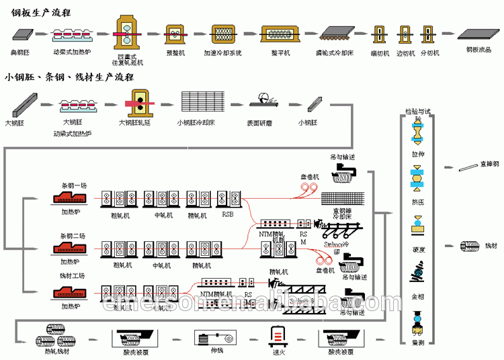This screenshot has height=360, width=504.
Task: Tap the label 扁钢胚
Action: pos(19,52)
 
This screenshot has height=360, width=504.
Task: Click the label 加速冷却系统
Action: pos(222,52)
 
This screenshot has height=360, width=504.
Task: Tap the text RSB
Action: pos(229,216)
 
